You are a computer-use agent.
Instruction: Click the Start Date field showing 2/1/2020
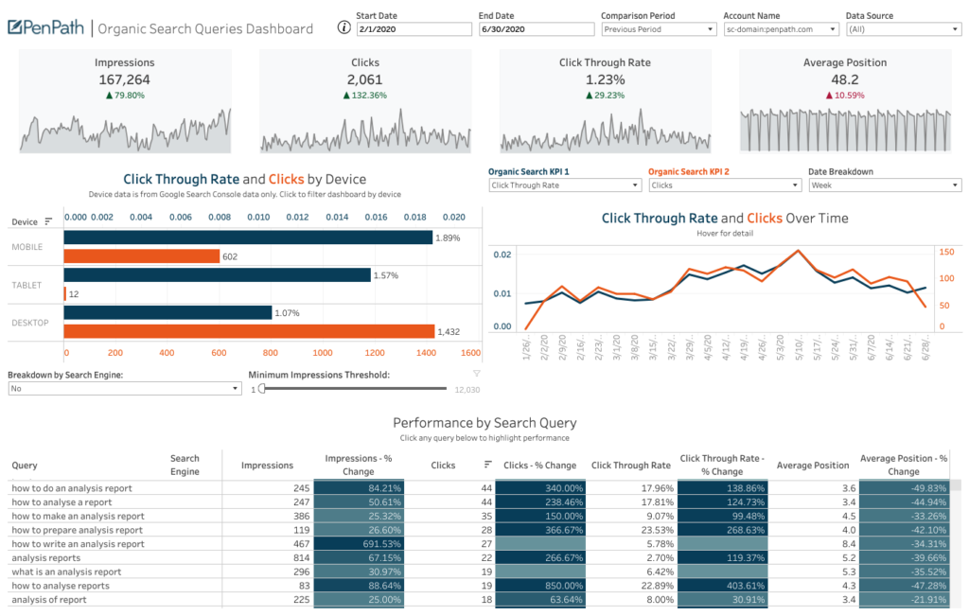pyautogui.click(x=413, y=29)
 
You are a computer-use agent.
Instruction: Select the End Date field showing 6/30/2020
pyautogui.click(x=535, y=29)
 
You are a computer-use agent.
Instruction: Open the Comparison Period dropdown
pyautogui.click(x=658, y=29)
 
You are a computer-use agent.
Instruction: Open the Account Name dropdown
pyautogui.click(x=781, y=29)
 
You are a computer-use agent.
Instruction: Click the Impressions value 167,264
pyautogui.click(x=124, y=79)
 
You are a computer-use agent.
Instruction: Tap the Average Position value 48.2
pyautogui.click(x=844, y=79)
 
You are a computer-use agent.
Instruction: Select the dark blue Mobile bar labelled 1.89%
pyautogui.click(x=248, y=238)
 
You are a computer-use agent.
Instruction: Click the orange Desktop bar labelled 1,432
pyautogui.click(x=249, y=331)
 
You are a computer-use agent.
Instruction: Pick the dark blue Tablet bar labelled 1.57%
pyautogui.click(x=217, y=275)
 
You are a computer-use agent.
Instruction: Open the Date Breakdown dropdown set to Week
pyautogui.click(x=884, y=185)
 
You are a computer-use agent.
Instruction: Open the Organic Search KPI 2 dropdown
pyautogui.click(x=724, y=185)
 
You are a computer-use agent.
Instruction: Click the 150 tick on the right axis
pyautogui.click(x=945, y=252)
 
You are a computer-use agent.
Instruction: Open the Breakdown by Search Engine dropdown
pyautogui.click(x=125, y=389)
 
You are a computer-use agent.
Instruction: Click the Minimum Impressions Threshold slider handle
pyautogui.click(x=262, y=389)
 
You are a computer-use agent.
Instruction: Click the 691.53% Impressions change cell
pyautogui.click(x=359, y=544)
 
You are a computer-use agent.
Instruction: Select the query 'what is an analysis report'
pyautogui.click(x=66, y=572)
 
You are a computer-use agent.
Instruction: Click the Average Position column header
pyautogui.click(x=812, y=466)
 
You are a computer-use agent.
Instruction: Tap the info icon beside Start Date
pyautogui.click(x=344, y=27)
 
